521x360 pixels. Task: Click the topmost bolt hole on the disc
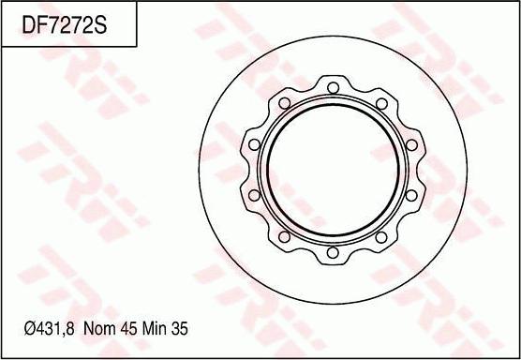[x=333, y=88]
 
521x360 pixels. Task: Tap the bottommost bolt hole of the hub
[x=333, y=252]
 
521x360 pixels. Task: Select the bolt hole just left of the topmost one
[x=285, y=103]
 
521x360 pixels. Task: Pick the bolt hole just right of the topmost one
[x=381, y=103]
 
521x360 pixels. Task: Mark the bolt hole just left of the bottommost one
[x=285, y=236]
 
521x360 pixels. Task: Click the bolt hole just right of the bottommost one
[x=381, y=237]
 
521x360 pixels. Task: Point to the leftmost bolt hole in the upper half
[x=255, y=144]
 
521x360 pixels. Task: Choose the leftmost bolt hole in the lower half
[x=254, y=195]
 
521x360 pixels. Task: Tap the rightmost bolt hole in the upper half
[x=411, y=145]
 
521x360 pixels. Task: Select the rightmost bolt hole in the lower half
[x=411, y=195]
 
